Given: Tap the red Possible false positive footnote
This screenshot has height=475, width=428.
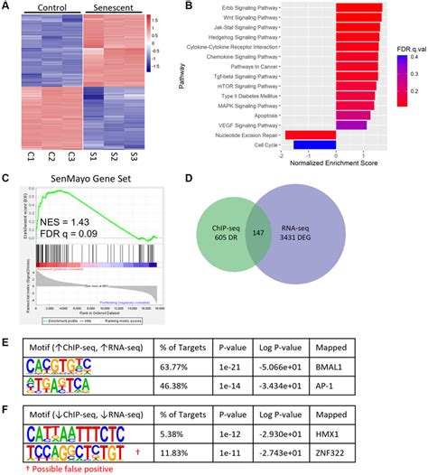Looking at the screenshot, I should pos(59,467).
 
